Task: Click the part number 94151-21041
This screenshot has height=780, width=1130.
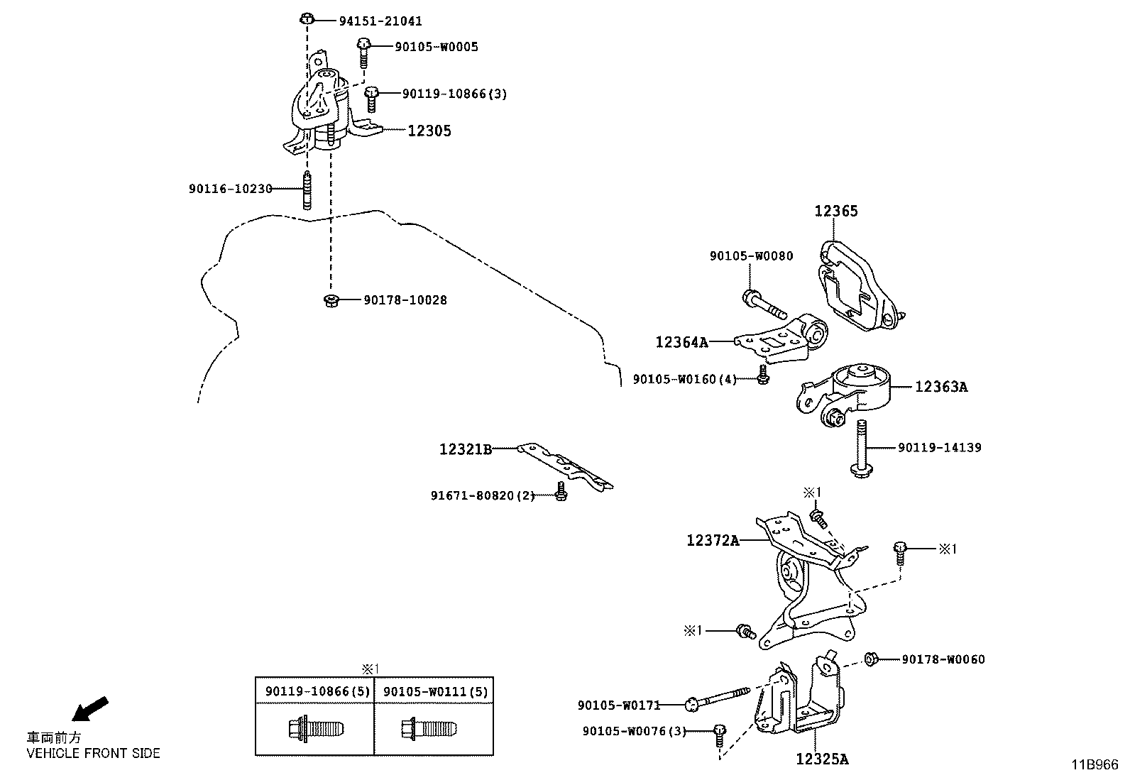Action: click(380, 21)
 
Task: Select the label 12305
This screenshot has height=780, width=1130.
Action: click(429, 131)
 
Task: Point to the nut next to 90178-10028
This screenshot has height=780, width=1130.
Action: click(330, 300)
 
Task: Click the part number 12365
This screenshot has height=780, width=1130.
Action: click(835, 211)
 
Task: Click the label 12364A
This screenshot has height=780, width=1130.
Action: click(681, 342)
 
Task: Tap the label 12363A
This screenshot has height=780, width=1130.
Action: click(940, 387)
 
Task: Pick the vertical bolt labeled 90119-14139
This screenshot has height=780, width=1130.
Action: click(860, 448)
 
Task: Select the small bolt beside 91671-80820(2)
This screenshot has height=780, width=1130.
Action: click(560, 492)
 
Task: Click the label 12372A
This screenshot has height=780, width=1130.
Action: click(713, 541)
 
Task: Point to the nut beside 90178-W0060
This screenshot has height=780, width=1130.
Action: click(873, 659)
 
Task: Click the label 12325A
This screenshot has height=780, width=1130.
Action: click(821, 759)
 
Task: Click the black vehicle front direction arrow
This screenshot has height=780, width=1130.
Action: click(91, 708)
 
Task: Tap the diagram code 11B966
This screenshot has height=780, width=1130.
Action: click(1094, 764)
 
